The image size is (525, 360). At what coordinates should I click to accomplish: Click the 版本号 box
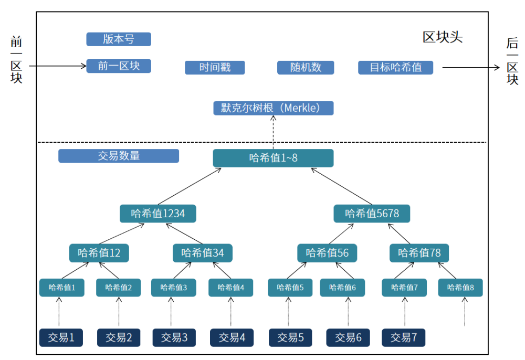pyautogui.click(x=119, y=39)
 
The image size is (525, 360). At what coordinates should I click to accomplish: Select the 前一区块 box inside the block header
pyautogui.click(x=119, y=66)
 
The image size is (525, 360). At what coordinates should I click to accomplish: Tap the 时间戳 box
pyautogui.click(x=215, y=68)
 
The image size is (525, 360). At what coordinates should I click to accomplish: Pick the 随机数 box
pyautogui.click(x=306, y=68)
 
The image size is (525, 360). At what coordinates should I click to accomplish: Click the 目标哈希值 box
pyautogui.click(x=396, y=68)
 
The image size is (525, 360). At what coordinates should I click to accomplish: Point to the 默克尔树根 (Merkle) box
pyautogui.click(x=274, y=108)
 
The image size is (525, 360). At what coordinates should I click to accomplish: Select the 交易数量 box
pyautogui.click(x=119, y=156)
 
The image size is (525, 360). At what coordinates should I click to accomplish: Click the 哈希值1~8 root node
pyautogui.click(x=273, y=158)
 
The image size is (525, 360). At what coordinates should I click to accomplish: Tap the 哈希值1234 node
pyautogui.click(x=157, y=214)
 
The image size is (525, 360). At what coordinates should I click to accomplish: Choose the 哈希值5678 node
pyautogui.click(x=372, y=214)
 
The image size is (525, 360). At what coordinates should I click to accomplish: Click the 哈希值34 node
pyautogui.click(x=203, y=253)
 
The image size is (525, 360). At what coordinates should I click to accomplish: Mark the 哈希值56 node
pyautogui.click(x=327, y=253)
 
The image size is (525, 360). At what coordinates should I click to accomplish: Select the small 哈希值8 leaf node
pyautogui.click(x=460, y=288)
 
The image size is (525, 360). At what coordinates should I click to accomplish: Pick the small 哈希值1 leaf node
pyautogui.click(x=62, y=288)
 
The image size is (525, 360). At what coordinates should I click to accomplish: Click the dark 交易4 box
pyautogui.click(x=232, y=337)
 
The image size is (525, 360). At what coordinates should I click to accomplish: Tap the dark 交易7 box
pyautogui.click(x=404, y=337)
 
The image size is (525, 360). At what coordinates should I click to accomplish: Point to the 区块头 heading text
pyautogui.click(x=443, y=38)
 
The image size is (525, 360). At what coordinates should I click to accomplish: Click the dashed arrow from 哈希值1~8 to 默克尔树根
pyautogui.click(x=274, y=132)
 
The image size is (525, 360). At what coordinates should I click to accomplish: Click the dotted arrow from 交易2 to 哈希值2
pyautogui.click(x=119, y=312)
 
